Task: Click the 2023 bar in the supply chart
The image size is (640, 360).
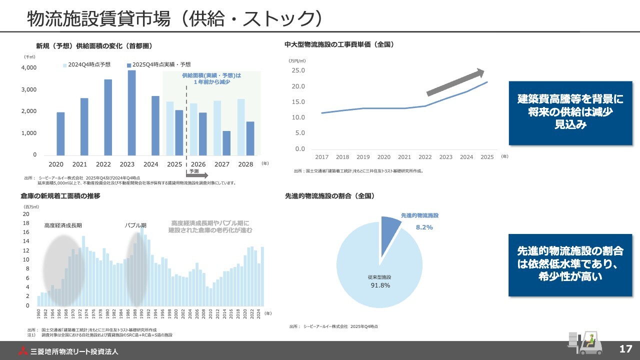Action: coord(131,113)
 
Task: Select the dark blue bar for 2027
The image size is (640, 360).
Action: coord(226,143)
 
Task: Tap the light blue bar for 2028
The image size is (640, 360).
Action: coord(241,127)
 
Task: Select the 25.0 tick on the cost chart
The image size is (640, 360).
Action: coord(298,70)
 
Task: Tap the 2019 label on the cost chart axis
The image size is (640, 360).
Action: coord(363,157)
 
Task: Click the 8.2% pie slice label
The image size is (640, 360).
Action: coord(424,227)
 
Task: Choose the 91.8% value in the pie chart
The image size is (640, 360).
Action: coord(380,285)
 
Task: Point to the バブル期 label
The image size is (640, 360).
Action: coord(135,225)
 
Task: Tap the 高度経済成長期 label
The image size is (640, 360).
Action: coord(63,225)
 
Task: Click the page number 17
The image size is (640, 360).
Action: coord(625,349)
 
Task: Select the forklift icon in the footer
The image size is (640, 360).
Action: coord(583,342)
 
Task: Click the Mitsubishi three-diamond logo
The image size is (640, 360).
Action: coord(23,351)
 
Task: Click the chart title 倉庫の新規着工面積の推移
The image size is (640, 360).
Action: coord(64,196)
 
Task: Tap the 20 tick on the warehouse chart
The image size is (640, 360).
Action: coord(26,214)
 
